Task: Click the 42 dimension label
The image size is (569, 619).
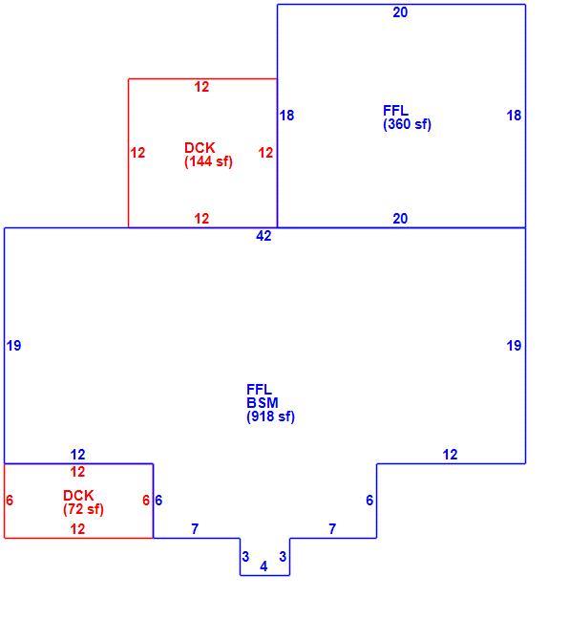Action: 263,236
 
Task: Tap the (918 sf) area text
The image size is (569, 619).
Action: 271,416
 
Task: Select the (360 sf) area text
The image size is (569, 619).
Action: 407,124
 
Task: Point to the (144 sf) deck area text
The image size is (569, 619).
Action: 208,161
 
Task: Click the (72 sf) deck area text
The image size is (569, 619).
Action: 83,509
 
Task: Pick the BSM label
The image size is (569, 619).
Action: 263,403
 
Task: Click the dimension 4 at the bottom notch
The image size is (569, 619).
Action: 263,566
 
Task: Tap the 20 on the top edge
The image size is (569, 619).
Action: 400,12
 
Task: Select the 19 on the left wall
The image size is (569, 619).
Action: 13,346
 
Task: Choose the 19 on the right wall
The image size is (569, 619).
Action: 514,346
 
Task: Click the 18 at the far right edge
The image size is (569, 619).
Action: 514,116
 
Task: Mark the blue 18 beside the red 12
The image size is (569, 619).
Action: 286,116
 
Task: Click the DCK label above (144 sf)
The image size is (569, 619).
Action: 200,148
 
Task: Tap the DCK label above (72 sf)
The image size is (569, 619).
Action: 78,496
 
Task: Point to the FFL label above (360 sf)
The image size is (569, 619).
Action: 395,111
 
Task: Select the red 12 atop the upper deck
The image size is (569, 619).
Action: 201,87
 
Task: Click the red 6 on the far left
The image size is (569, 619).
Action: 10,501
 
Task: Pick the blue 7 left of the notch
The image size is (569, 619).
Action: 195,528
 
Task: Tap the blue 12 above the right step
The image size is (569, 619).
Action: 450,455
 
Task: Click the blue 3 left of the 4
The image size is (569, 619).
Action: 245,557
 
